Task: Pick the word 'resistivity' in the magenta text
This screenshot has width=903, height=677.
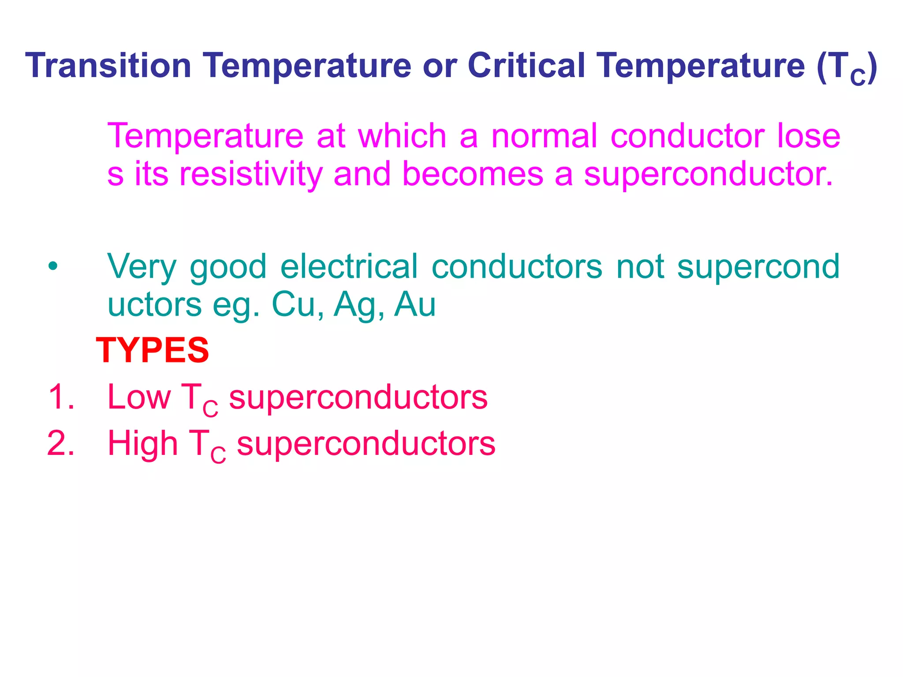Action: [251, 174]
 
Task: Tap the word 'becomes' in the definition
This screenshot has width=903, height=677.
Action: [473, 174]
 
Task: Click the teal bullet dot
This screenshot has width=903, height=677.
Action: [53, 266]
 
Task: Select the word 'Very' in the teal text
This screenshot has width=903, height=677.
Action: [142, 267]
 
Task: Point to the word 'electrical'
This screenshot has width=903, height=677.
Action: [349, 266]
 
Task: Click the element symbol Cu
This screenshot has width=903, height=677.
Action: [294, 305]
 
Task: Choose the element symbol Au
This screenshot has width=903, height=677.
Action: [415, 305]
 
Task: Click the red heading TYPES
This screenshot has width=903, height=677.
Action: [153, 350]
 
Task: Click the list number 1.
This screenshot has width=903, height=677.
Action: [60, 397]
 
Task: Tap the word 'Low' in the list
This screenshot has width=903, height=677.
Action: [139, 397]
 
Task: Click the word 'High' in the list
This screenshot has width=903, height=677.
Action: [143, 443]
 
